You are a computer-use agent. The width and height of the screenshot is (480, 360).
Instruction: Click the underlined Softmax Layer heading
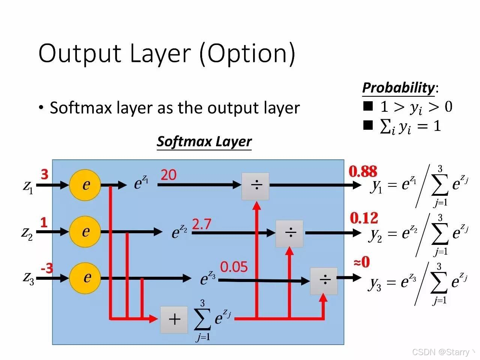(x=204, y=141)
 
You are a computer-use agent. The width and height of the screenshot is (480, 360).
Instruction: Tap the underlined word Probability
(x=398, y=88)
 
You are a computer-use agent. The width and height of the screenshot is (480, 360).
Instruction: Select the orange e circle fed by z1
(x=85, y=185)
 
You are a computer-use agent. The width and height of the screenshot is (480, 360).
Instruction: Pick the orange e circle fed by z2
(x=85, y=232)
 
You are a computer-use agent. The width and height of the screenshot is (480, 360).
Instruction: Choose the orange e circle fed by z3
(x=85, y=278)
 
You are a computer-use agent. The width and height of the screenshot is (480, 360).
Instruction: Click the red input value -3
(x=47, y=268)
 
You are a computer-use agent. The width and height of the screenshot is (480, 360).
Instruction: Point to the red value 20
(x=168, y=175)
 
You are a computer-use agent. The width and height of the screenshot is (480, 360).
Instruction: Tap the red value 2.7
(x=202, y=224)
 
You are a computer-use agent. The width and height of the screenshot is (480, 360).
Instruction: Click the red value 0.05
(x=234, y=267)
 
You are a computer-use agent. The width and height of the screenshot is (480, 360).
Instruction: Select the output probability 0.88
(x=363, y=172)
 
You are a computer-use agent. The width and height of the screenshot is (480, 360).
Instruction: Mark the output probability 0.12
(x=364, y=218)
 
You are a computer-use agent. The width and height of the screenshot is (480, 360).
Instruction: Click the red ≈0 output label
(x=362, y=262)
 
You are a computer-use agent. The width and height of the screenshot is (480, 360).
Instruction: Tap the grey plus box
(x=174, y=319)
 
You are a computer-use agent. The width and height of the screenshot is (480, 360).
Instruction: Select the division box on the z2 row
(x=289, y=233)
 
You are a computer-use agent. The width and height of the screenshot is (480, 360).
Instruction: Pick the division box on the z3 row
(x=324, y=281)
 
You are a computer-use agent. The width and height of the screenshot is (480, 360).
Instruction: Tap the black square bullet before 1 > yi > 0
(x=368, y=106)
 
